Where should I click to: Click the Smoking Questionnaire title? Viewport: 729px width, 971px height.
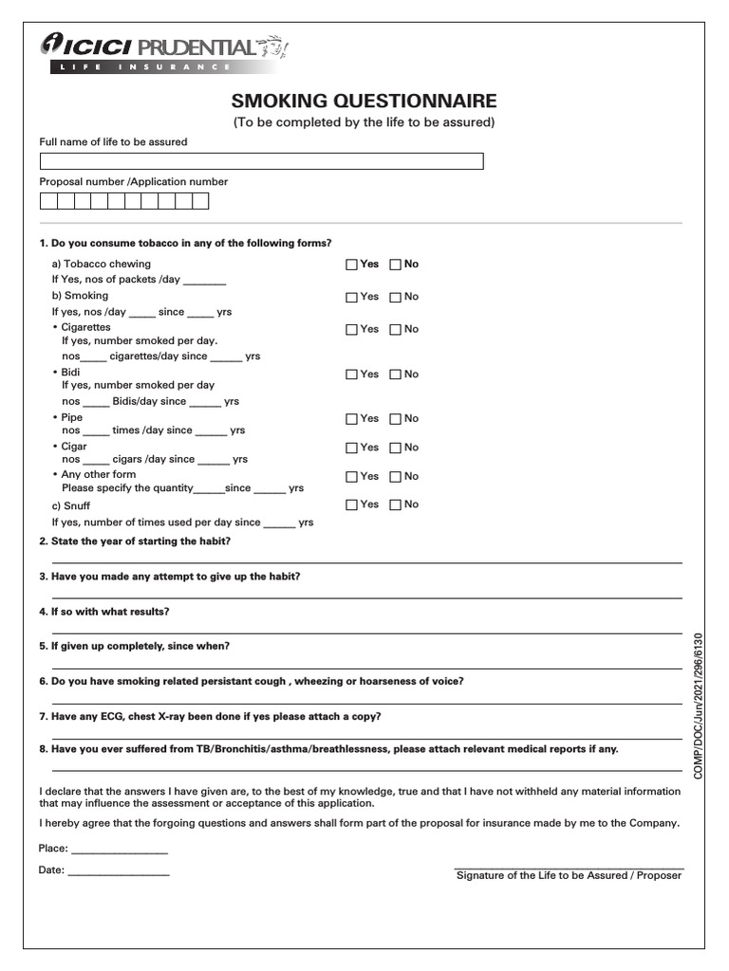click(x=364, y=101)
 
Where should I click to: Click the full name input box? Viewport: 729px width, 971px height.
click(x=261, y=161)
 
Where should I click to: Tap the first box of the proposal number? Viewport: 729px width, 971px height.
click(x=47, y=201)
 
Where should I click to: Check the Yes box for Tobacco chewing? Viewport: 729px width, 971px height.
click(x=351, y=265)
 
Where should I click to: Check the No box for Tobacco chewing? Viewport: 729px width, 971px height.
click(x=396, y=265)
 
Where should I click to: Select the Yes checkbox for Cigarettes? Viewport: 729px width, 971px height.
click(x=351, y=329)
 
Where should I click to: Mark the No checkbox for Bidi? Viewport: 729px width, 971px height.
click(x=396, y=375)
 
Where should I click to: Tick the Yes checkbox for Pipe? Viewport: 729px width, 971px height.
click(x=351, y=419)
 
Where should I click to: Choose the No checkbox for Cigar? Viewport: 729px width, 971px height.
click(x=396, y=448)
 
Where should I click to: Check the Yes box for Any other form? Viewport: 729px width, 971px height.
click(x=351, y=477)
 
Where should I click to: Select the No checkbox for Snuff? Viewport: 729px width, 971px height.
click(x=396, y=505)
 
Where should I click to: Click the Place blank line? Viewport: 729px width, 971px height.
click(x=120, y=850)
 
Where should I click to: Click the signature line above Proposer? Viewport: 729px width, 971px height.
click(x=569, y=867)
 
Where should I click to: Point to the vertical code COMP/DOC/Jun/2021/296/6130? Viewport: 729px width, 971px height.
click(x=701, y=706)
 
